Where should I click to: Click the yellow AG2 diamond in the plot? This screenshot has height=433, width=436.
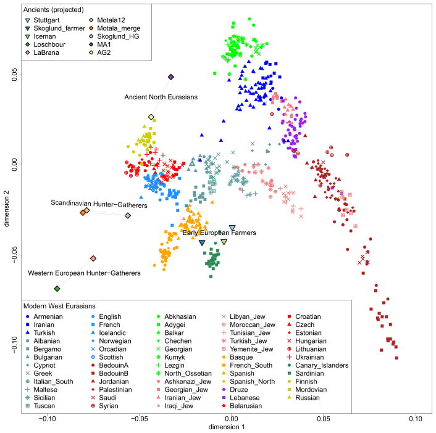click(151, 117)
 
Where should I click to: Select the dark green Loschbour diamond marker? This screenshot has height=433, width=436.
click(57, 289)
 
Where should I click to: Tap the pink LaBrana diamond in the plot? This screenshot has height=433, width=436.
click(93, 258)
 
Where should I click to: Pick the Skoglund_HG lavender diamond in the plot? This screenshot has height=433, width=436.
click(128, 216)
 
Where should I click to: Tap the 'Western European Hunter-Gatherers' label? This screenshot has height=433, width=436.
click(84, 272)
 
